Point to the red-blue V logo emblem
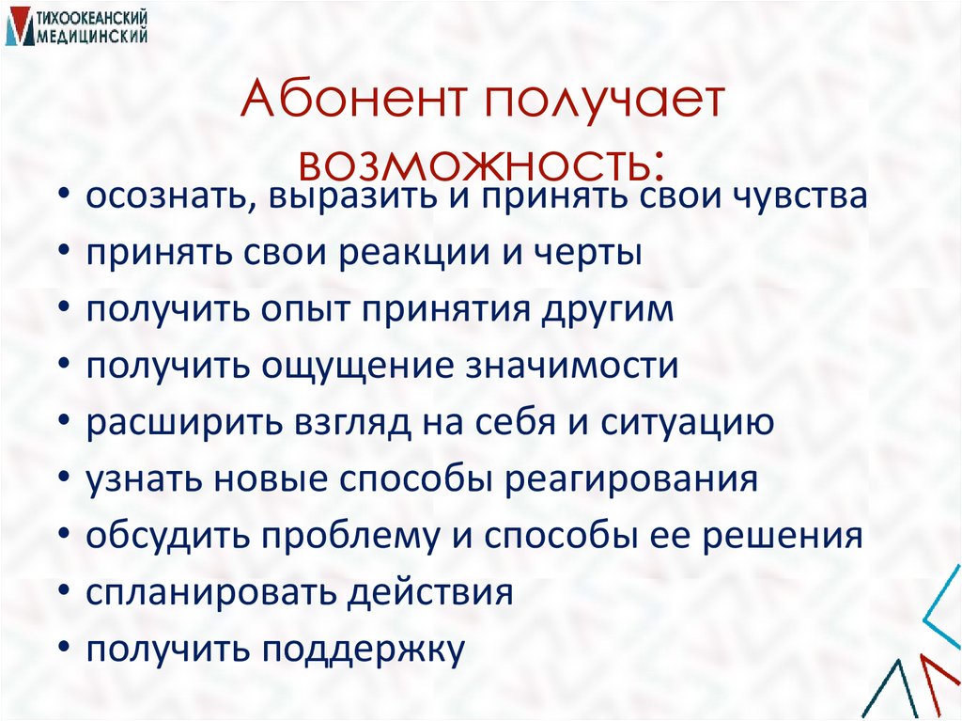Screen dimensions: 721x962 pos(17,27)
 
